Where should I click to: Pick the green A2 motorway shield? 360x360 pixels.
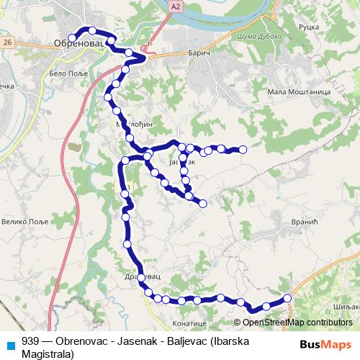175,6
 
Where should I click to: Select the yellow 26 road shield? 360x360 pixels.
6,43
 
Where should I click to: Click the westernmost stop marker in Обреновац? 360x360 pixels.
72,38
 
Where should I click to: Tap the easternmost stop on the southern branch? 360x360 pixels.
287,298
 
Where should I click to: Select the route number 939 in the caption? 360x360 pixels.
30,342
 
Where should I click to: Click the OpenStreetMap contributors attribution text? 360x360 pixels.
297,323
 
